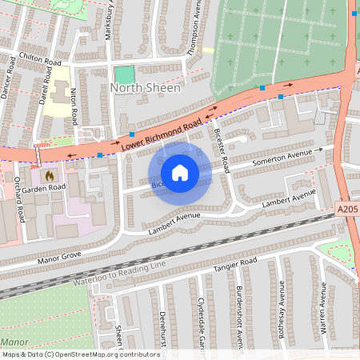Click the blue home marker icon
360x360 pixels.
(180, 172)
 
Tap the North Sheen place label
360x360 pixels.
(146, 88)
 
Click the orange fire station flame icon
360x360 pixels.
(49, 174)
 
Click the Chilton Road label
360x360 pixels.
(40, 58)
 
